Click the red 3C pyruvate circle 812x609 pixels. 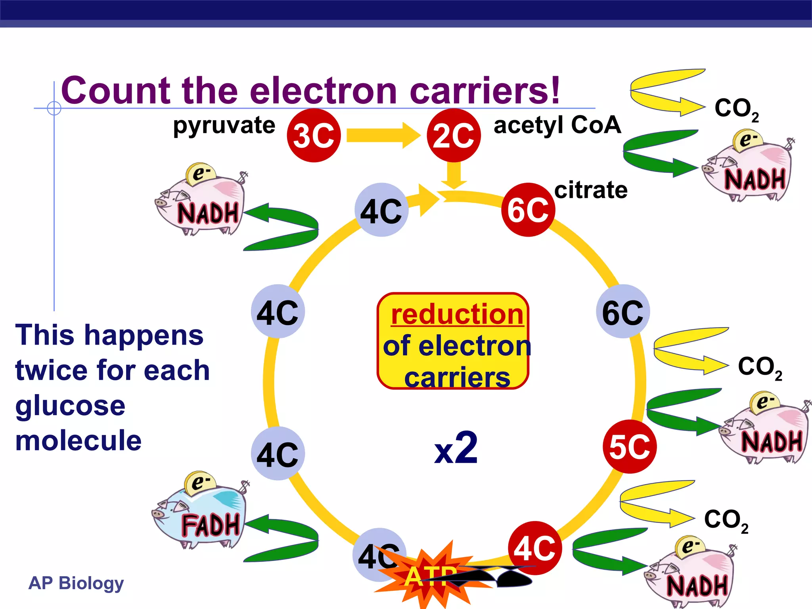[314, 136]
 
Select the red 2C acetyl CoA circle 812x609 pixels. [454, 136]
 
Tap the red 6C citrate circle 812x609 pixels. [528, 210]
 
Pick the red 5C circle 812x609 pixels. [630, 446]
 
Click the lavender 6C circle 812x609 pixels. [623, 312]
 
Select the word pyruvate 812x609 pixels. [224, 126]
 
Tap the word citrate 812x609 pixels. [591, 190]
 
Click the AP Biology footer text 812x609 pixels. [76, 583]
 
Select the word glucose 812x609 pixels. [70, 406]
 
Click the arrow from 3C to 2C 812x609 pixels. [383, 136]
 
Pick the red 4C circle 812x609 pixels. [535, 548]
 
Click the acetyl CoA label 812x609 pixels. [557, 125]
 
